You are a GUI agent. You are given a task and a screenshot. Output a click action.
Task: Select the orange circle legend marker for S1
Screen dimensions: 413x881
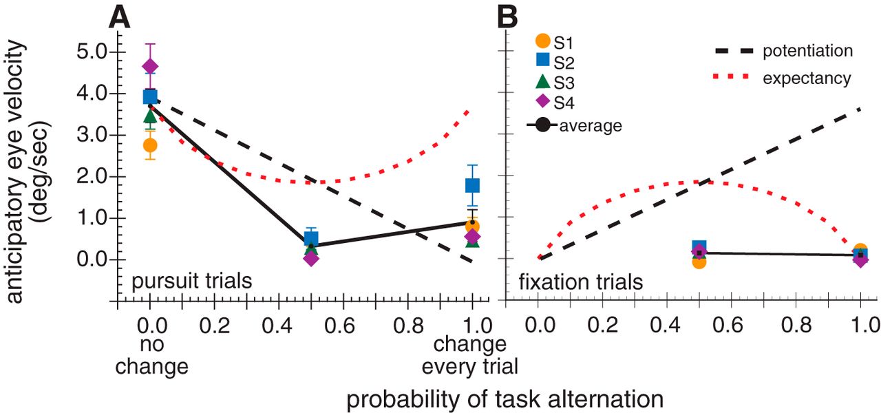(x=543, y=42)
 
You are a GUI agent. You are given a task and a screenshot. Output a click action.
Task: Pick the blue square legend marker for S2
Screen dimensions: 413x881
(x=543, y=62)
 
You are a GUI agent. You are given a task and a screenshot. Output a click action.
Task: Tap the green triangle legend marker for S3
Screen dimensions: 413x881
(x=543, y=82)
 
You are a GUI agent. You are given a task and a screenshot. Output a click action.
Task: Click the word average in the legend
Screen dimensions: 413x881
(x=591, y=125)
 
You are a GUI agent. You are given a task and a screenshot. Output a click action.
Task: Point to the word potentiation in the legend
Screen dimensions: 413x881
(x=807, y=51)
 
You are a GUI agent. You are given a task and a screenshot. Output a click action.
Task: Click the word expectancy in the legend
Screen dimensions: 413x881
(x=807, y=78)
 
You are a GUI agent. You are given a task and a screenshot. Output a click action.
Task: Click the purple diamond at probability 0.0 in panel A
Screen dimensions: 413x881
(x=150, y=66)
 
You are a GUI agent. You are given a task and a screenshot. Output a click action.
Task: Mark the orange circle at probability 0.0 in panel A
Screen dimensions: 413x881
(x=150, y=145)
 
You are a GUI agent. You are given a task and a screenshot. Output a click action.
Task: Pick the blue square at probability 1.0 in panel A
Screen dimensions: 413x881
(x=472, y=185)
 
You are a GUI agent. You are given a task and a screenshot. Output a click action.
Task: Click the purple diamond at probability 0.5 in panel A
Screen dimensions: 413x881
(x=311, y=258)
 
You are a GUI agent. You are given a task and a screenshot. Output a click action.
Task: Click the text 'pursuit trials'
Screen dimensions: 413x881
(x=191, y=282)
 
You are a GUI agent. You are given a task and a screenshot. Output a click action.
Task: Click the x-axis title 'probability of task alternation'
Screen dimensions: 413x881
(x=505, y=399)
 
